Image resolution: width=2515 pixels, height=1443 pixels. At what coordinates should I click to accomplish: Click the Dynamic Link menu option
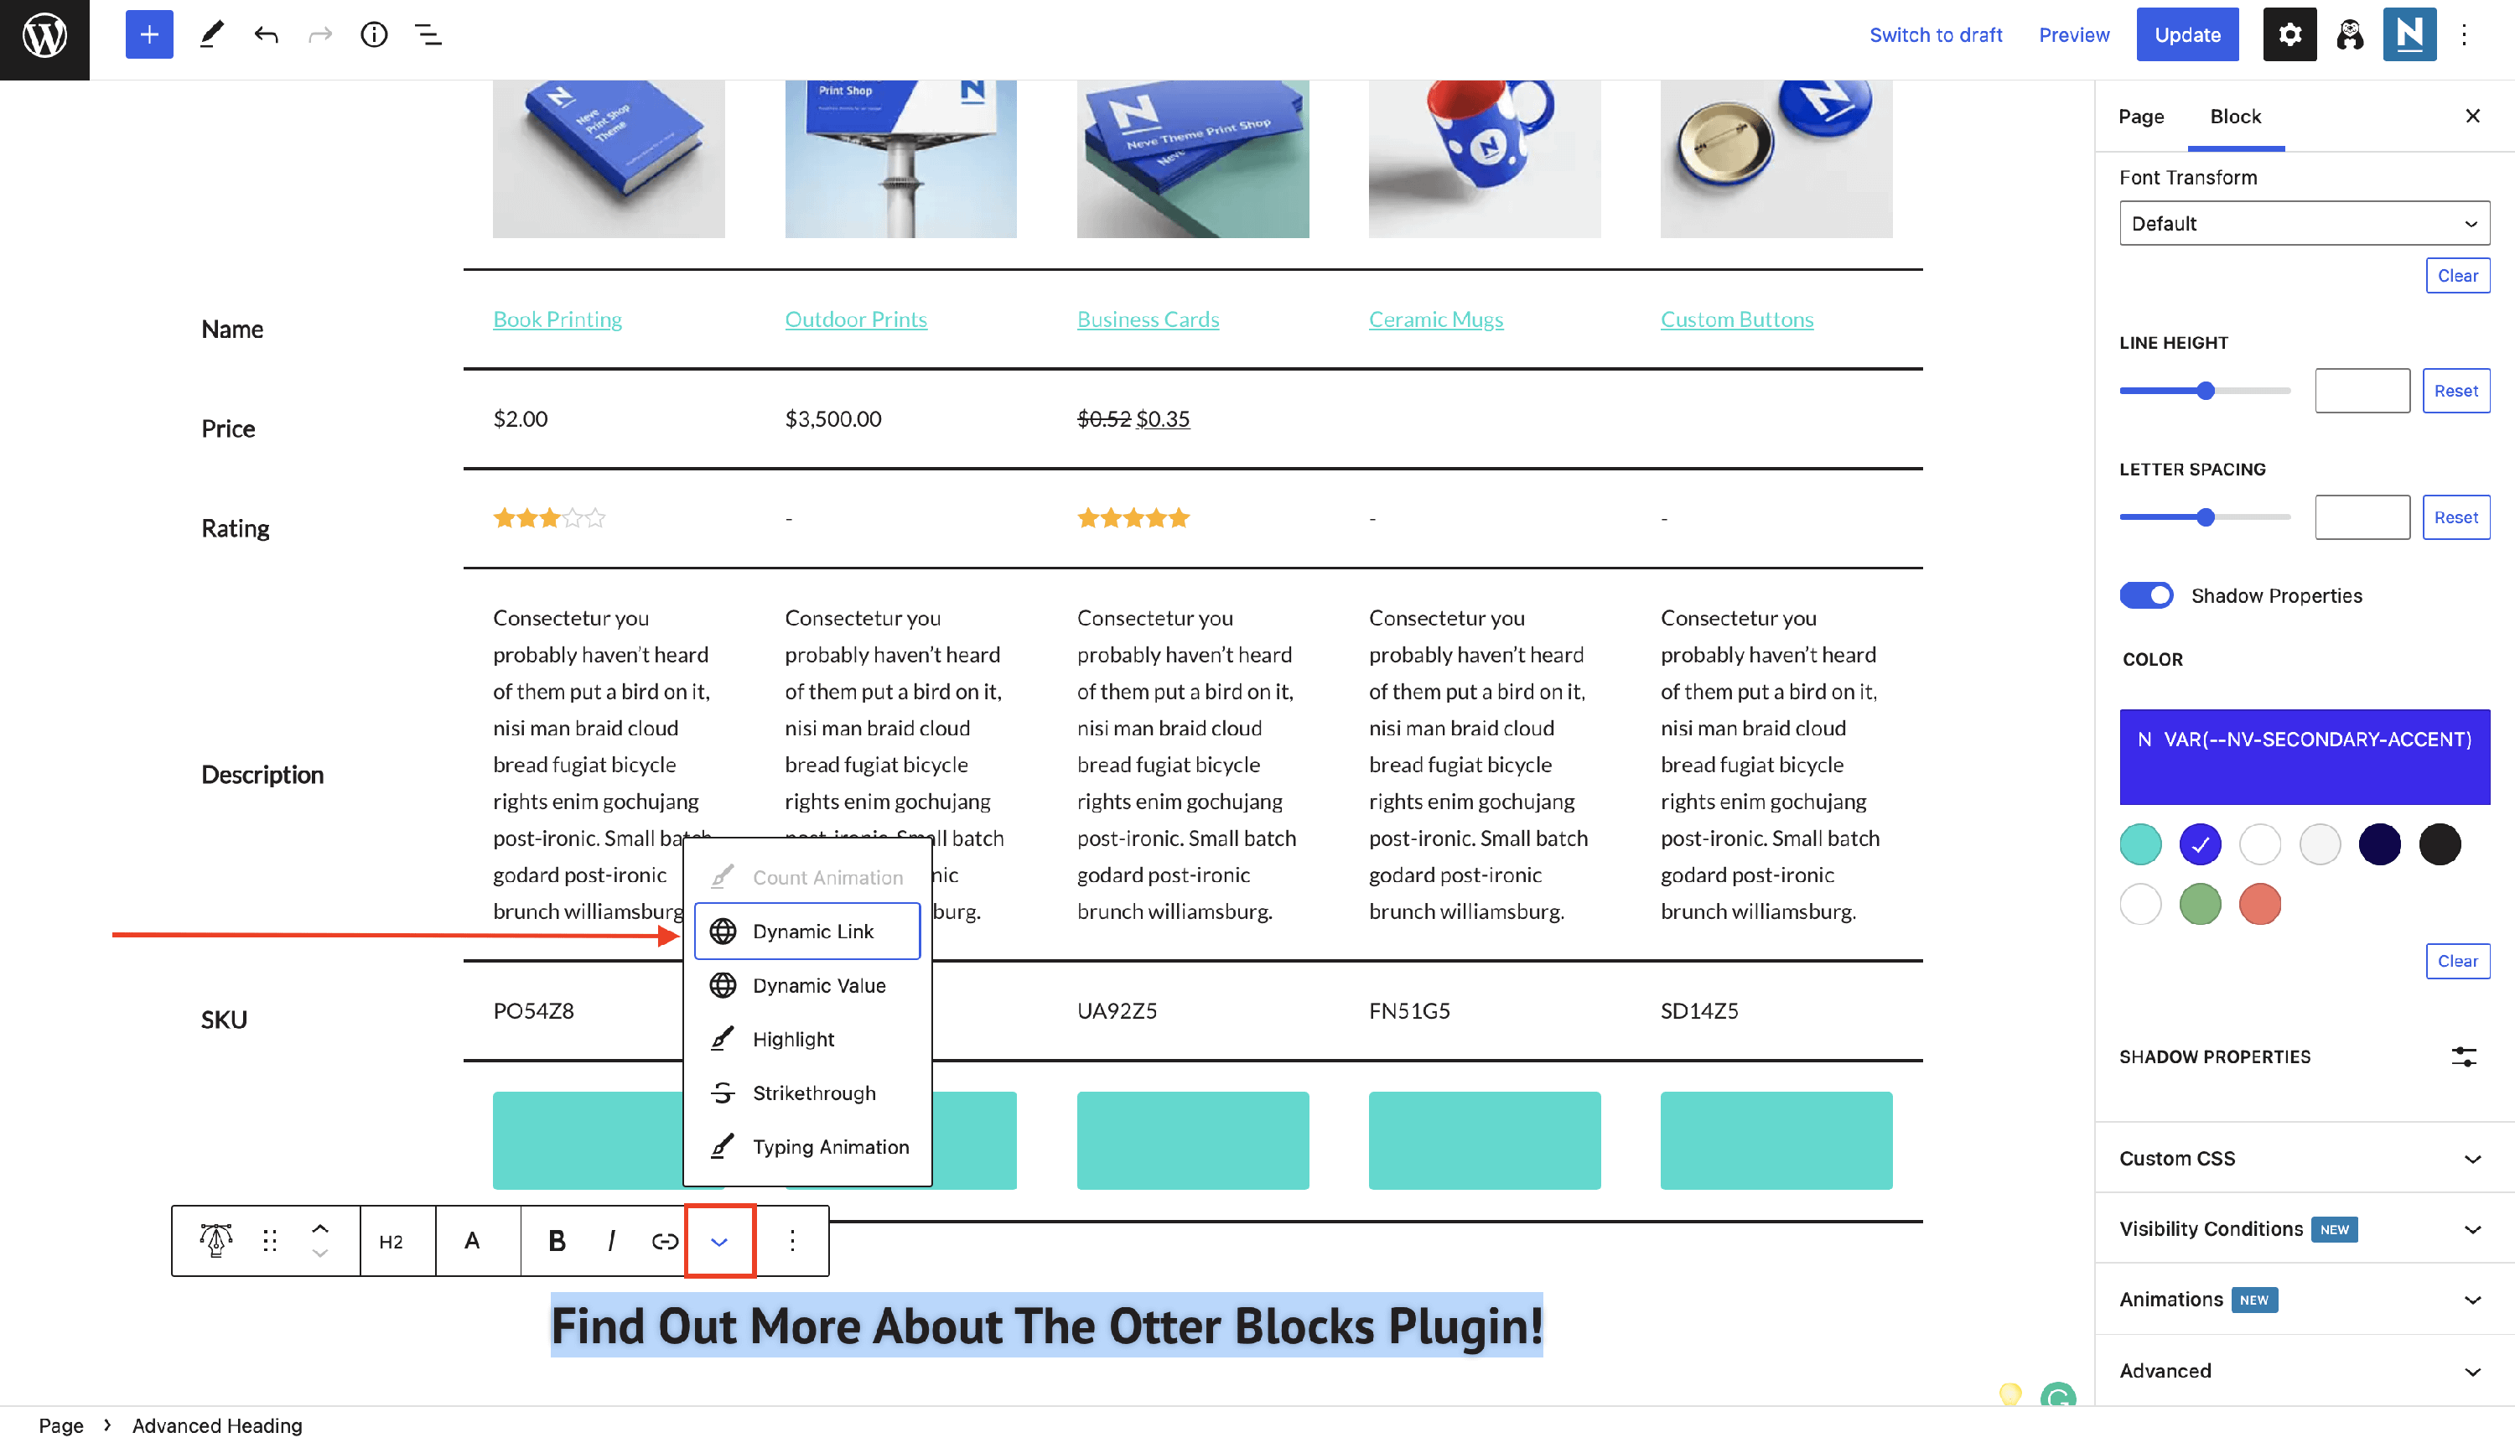tap(806, 931)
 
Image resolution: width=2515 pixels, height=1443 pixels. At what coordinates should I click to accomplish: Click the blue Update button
tap(2186, 34)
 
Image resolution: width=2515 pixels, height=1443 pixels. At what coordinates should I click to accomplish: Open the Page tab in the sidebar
tap(2140, 116)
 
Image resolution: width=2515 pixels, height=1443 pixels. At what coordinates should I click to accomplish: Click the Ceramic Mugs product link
tap(1435, 319)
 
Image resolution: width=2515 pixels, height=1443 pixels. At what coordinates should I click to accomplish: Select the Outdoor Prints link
tap(855, 319)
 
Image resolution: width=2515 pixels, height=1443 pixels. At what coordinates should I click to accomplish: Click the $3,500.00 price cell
tap(832, 418)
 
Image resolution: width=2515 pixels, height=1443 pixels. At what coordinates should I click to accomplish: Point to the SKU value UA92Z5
tap(1117, 1011)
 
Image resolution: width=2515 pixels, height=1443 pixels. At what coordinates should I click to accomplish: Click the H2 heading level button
tap(392, 1241)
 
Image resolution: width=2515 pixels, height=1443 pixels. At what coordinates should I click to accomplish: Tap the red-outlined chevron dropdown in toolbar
tap(719, 1241)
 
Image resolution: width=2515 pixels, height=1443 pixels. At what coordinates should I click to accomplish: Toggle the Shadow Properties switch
tap(2145, 594)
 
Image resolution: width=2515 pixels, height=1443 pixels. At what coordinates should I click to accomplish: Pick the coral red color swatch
tap(2259, 904)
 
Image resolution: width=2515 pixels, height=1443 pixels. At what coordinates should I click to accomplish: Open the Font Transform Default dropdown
tap(2304, 223)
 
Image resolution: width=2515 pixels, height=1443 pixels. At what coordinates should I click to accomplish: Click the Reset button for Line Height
tap(2455, 391)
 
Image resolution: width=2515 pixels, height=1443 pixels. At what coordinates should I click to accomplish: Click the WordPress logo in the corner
tap(44, 37)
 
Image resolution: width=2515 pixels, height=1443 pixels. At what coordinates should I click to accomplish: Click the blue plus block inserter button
tap(148, 34)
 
